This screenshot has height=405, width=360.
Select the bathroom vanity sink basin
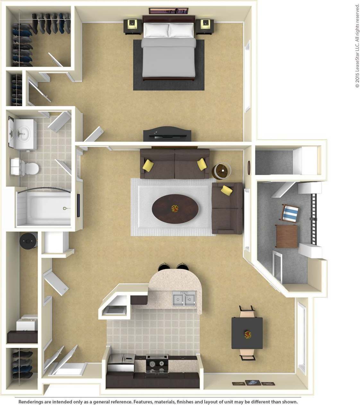click(x=23, y=132)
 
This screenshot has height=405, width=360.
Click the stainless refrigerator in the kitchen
click(x=121, y=363)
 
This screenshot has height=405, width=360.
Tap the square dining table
click(x=247, y=333)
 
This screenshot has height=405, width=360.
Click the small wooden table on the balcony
click(x=287, y=236)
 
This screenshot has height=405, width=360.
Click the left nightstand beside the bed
click(x=132, y=26)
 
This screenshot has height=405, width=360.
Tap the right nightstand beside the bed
click(x=205, y=26)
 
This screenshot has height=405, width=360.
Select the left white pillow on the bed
click(x=156, y=30)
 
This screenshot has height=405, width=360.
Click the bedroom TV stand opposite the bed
click(x=167, y=134)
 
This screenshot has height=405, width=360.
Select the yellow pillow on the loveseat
click(x=227, y=190)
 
